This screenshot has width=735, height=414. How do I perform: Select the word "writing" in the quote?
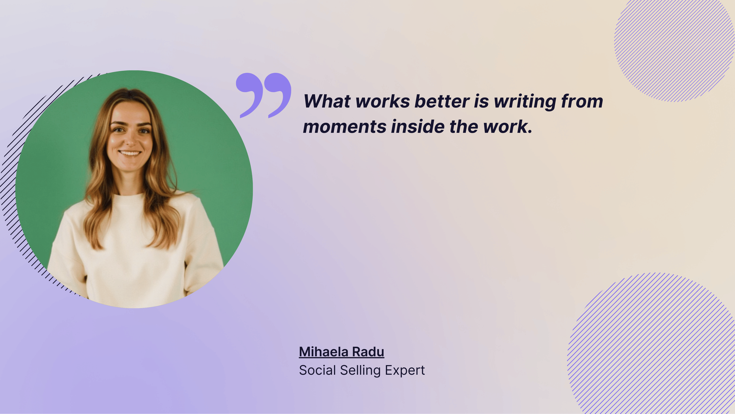click(x=525, y=102)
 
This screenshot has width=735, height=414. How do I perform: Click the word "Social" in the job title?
click(x=317, y=370)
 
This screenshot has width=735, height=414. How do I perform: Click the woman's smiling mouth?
click(x=130, y=153)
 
